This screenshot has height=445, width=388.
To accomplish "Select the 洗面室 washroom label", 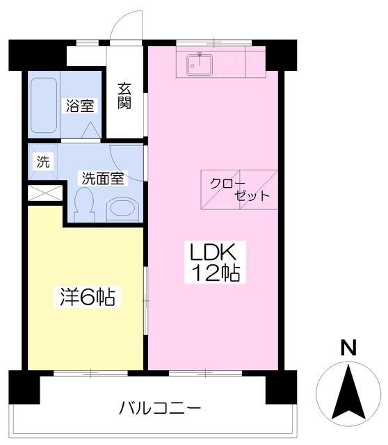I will point(102,178).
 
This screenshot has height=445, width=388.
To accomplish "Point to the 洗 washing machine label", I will point(43,163).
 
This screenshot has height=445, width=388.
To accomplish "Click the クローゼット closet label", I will point(240,188).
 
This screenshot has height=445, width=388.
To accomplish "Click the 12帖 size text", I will point(216,273).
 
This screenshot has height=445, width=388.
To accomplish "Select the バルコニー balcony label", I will point(159,407).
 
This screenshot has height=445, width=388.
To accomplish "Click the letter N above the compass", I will point(348,347).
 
